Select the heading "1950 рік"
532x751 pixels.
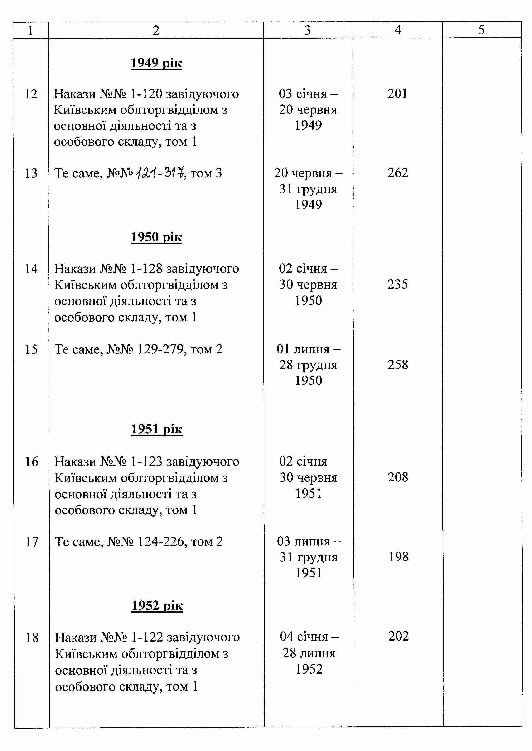coord(156,237)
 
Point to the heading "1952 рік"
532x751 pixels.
coord(157,605)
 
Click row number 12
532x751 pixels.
coord(31,94)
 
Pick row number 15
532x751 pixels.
coord(31,349)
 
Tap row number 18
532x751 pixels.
coord(32,638)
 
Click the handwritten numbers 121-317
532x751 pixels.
coord(161,172)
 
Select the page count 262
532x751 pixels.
coord(398,173)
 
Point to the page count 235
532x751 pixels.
coord(398,284)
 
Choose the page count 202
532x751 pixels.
coord(398,636)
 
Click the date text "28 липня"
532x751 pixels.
coord(309,653)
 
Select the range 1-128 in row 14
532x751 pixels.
coord(146,269)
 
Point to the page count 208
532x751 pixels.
coord(398,477)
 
